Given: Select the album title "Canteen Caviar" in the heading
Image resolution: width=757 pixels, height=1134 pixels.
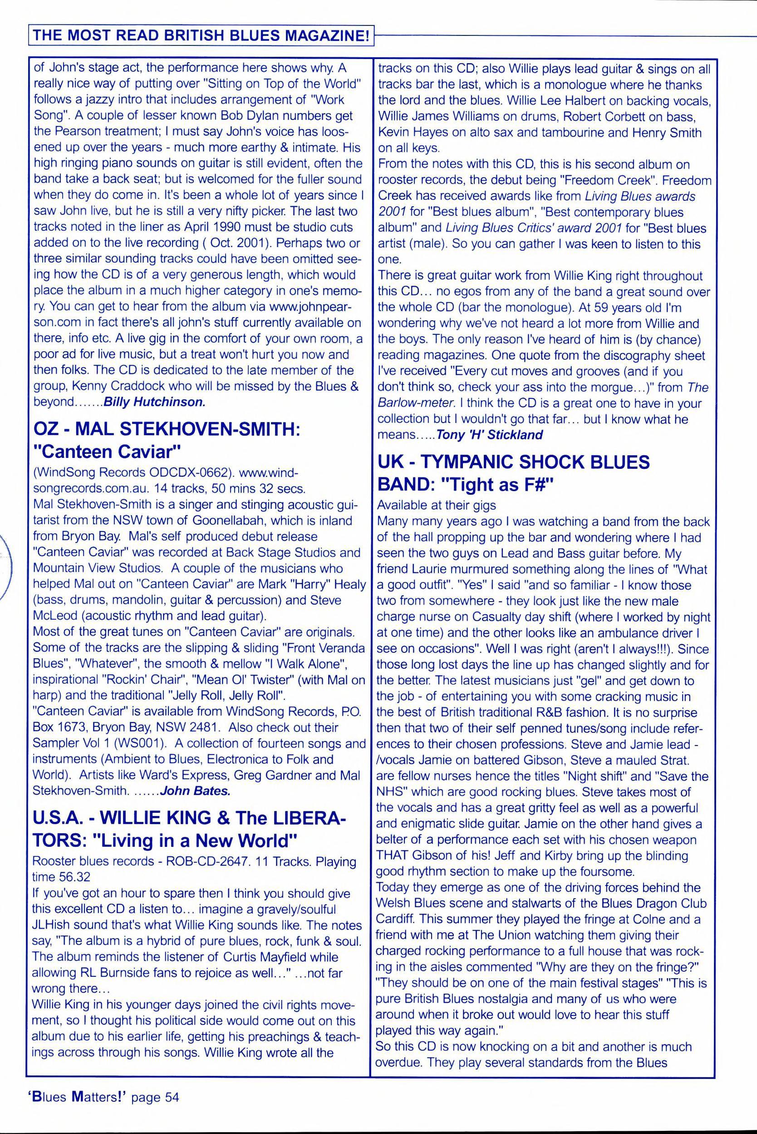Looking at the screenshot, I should (106, 451).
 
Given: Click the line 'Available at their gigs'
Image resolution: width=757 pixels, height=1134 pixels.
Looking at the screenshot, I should (436, 505).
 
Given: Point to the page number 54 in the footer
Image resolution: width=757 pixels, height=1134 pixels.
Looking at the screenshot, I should (172, 1097).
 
